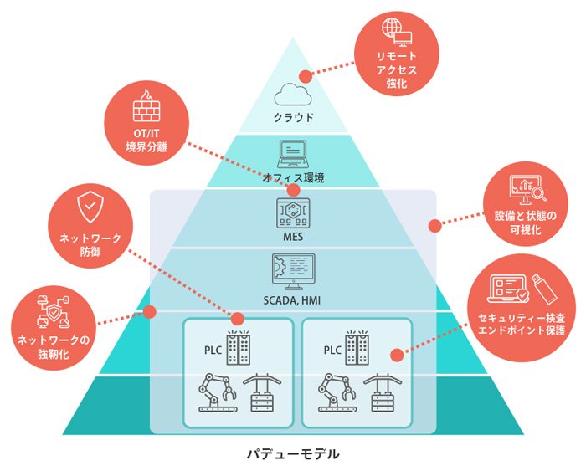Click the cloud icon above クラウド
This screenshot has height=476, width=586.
pos(293,93)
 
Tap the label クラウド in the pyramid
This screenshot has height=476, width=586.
pos(293,117)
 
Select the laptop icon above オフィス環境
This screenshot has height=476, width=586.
pos(293,155)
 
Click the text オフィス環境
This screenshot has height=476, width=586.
pos(293,177)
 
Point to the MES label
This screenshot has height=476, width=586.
pos(293,238)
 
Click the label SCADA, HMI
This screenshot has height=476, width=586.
pos(293,299)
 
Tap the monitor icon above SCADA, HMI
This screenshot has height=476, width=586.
pos(293,269)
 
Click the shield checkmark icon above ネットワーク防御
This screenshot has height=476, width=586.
pos(90,206)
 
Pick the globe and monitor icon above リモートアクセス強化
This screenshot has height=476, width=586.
pos(395,32)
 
